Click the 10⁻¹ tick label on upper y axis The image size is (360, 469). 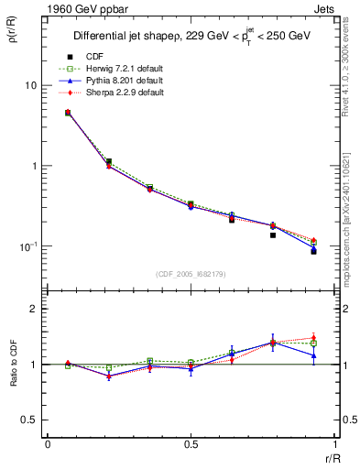tap(27, 246)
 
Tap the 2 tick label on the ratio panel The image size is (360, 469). tap(33, 309)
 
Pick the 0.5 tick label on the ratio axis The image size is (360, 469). tap(28, 420)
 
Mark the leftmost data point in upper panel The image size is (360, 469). tap(68, 113)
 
